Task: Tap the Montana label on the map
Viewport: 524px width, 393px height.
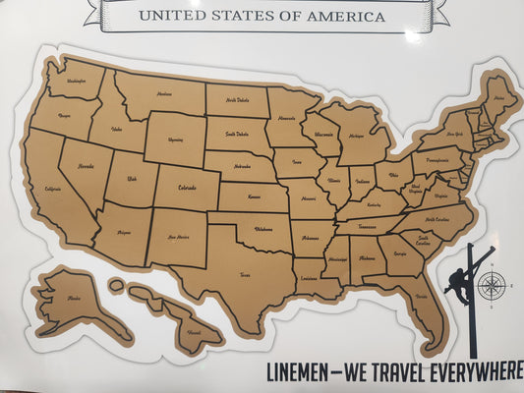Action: click(164, 93)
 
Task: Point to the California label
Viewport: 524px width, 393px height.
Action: click(53, 189)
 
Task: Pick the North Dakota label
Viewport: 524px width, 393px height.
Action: click(238, 100)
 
